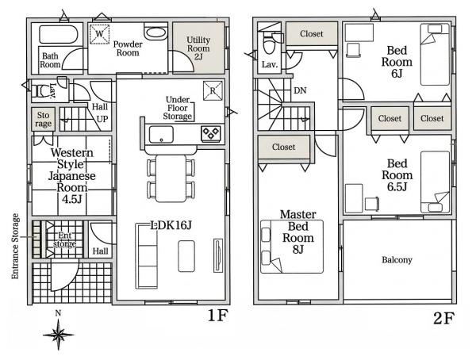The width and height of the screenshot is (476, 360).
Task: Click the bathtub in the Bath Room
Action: point(59,34)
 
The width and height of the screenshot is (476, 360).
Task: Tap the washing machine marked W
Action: point(99,34)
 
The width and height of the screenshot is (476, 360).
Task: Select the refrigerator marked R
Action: point(213,90)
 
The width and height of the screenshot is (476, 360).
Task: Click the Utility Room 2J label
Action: point(198,48)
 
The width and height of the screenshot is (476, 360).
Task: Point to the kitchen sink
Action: point(161,134)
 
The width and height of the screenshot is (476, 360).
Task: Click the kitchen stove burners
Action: point(210,133)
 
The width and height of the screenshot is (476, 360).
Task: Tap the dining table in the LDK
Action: point(171,178)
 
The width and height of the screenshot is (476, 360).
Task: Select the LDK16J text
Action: point(171,225)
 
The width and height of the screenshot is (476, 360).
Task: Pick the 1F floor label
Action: point(217,316)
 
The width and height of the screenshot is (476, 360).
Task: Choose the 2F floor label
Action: point(443,318)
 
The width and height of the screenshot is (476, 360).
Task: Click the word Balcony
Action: point(397,260)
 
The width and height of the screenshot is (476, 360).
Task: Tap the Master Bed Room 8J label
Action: point(298,232)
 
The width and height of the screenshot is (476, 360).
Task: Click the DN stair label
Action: point(300,90)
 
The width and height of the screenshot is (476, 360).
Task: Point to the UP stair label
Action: point(102,119)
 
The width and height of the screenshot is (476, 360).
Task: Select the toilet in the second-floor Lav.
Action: point(269,44)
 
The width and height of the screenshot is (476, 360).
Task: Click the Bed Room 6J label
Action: point(397,62)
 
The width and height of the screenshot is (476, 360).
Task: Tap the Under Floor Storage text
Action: point(178,108)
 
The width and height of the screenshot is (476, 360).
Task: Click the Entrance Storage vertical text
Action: point(15,246)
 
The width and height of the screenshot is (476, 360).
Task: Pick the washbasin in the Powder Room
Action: point(155,33)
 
